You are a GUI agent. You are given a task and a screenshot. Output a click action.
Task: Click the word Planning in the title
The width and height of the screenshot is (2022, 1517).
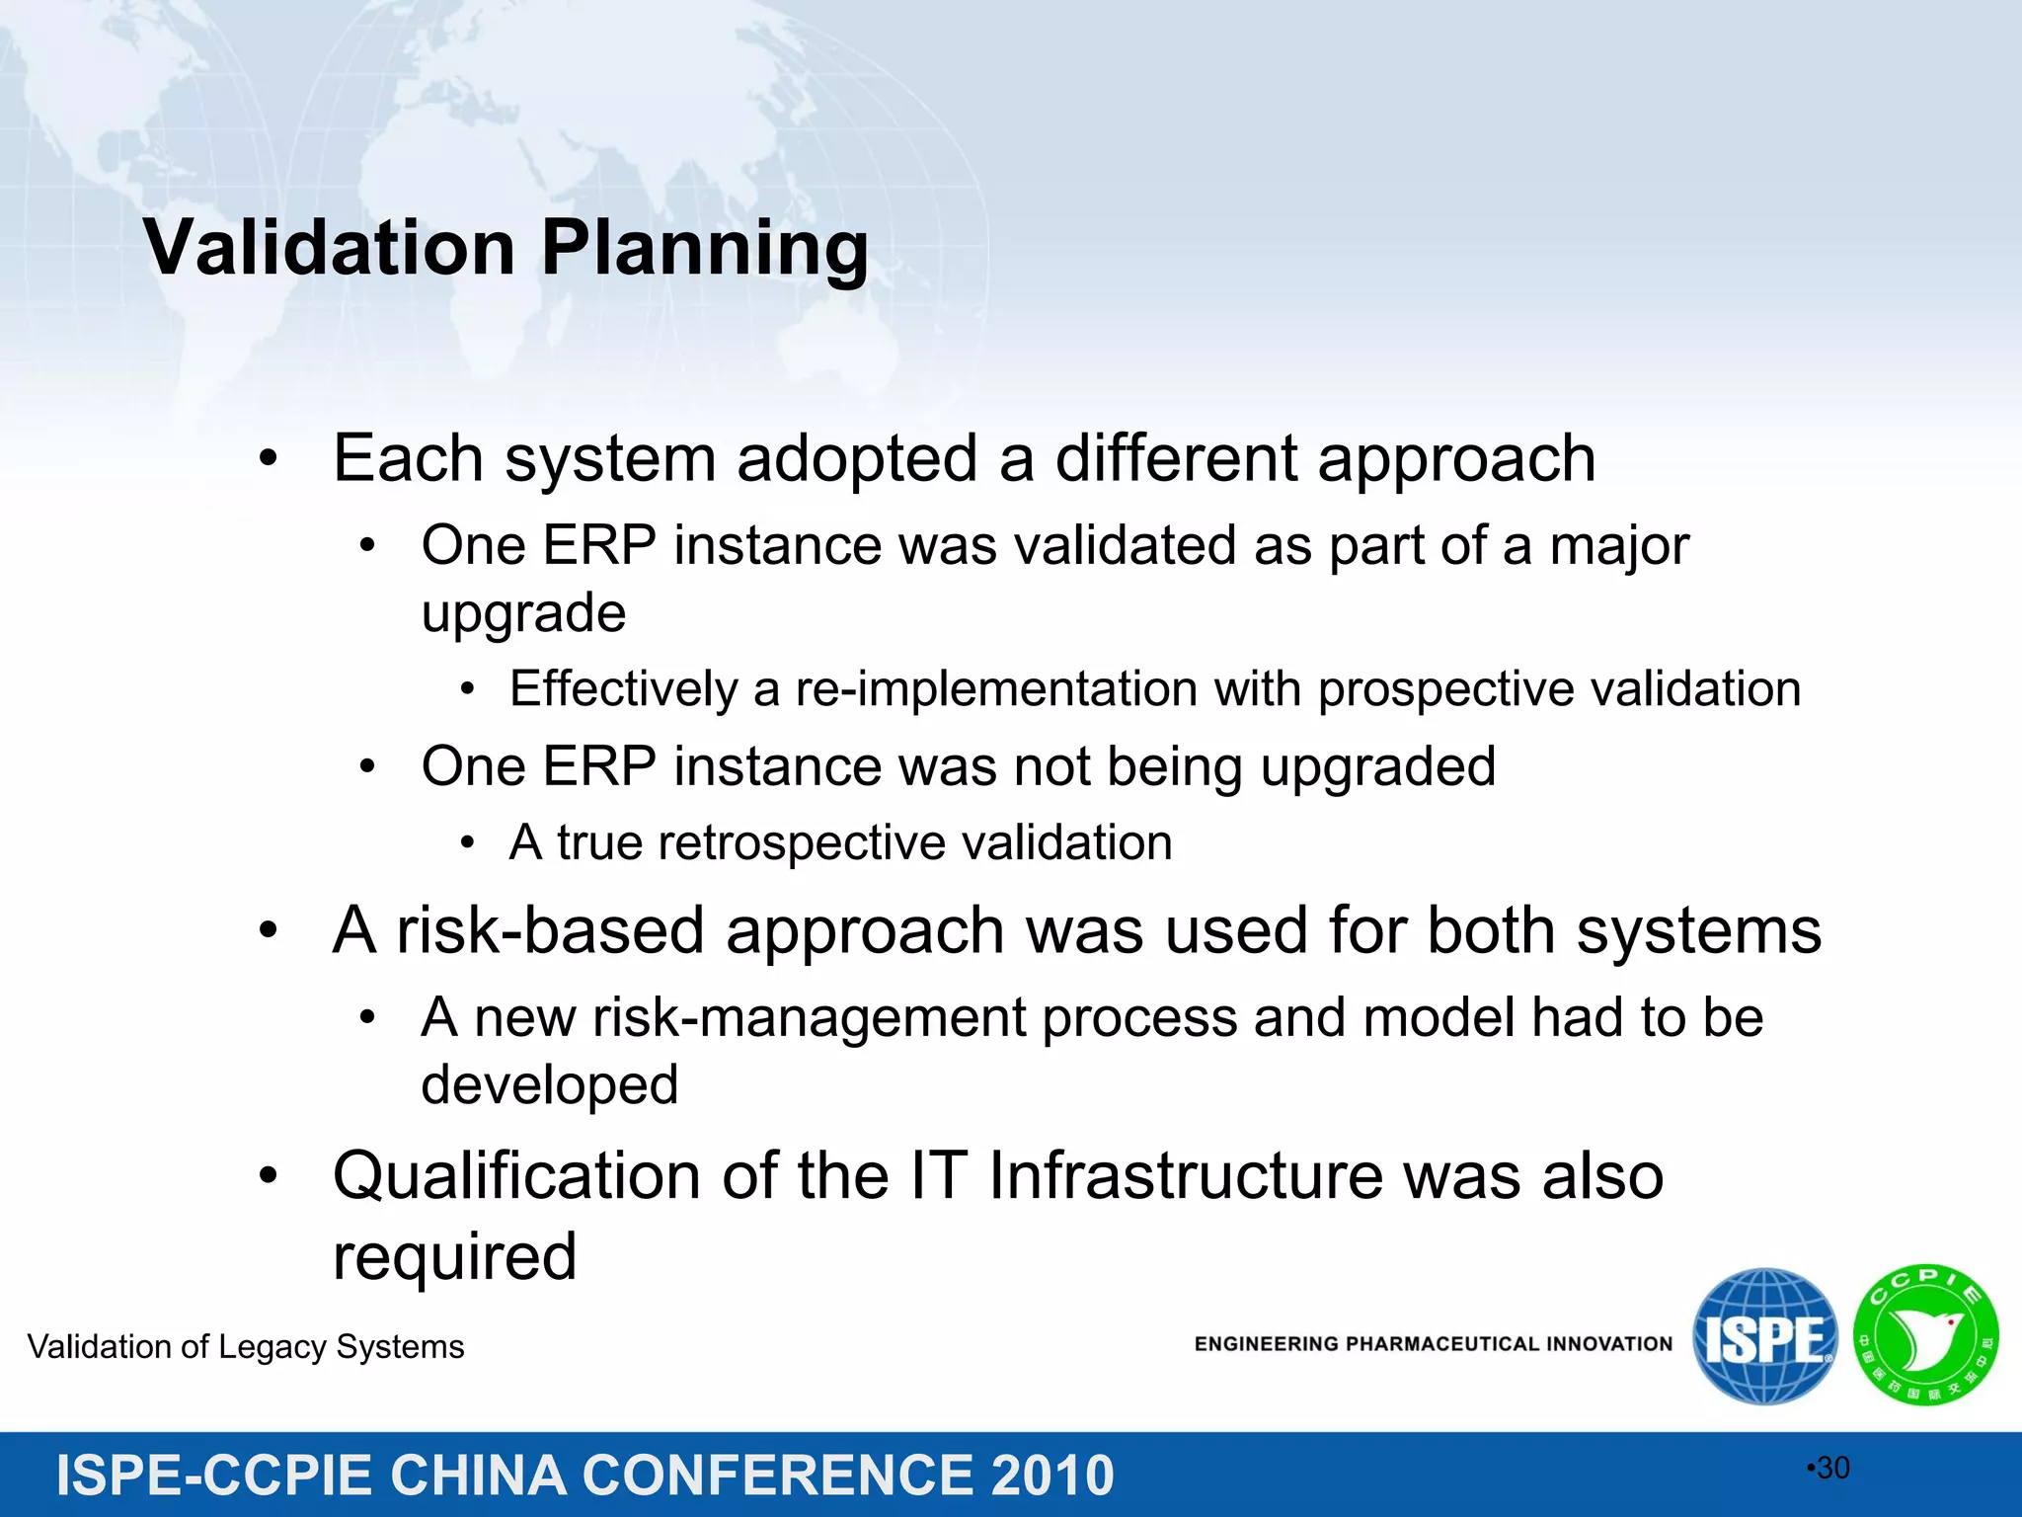pos(705,249)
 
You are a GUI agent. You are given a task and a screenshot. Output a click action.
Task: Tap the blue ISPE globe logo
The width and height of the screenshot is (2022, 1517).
pos(1764,1336)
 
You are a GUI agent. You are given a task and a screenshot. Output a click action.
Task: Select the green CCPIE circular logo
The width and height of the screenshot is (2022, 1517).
pos(1925,1335)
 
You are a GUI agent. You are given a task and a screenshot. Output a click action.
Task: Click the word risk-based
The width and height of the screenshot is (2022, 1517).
pos(550,930)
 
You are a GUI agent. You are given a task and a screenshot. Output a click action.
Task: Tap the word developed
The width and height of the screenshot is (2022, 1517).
pos(549,1085)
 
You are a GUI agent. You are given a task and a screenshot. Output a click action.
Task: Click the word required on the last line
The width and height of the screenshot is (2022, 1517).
pos(454,1257)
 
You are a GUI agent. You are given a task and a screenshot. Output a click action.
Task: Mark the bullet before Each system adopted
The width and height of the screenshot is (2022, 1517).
pos(268,459)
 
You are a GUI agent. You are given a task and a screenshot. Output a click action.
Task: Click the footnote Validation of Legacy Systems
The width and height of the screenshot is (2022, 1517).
pos(246,1347)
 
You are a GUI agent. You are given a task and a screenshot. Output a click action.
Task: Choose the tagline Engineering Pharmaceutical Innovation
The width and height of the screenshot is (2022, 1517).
pos(1433,1344)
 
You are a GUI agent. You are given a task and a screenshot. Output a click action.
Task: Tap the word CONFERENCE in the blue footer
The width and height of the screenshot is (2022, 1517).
pos(777,1476)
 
